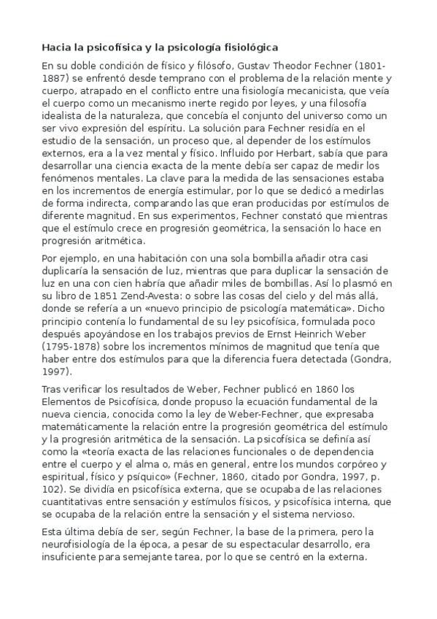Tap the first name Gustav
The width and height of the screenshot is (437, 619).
[231, 64]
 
